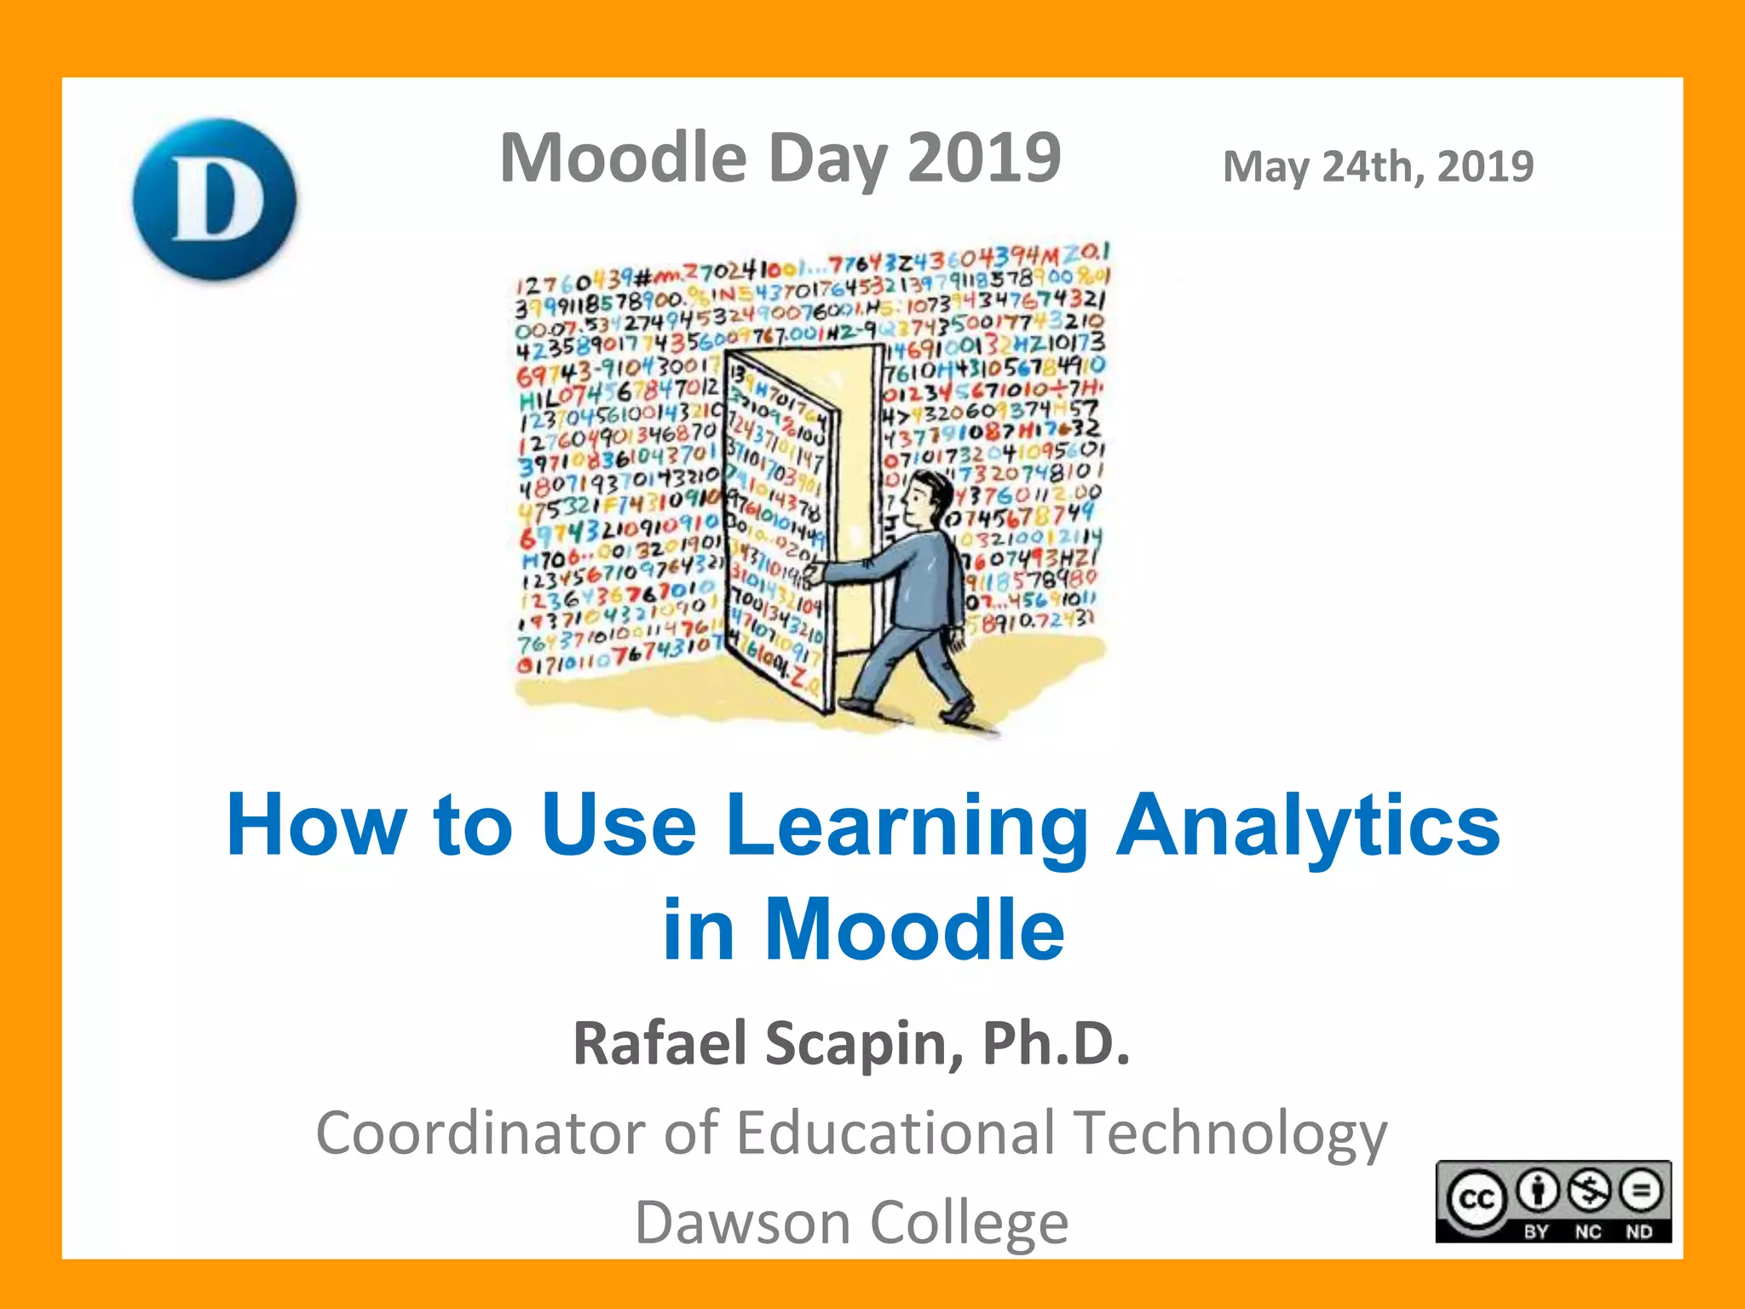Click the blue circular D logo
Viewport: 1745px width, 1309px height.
(215, 199)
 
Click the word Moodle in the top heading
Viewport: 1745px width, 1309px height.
(623, 159)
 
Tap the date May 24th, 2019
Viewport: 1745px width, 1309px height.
(1378, 166)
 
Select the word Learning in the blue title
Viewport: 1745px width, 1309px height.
(907, 825)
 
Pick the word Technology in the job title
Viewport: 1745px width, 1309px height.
(1230, 1134)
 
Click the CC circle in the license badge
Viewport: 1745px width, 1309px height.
(1477, 1198)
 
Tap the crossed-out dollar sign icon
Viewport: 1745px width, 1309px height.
(1590, 1190)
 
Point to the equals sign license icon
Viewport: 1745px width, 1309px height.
(1641, 1190)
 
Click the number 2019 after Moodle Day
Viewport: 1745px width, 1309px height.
(984, 159)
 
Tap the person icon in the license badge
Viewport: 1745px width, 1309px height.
(1538, 1190)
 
